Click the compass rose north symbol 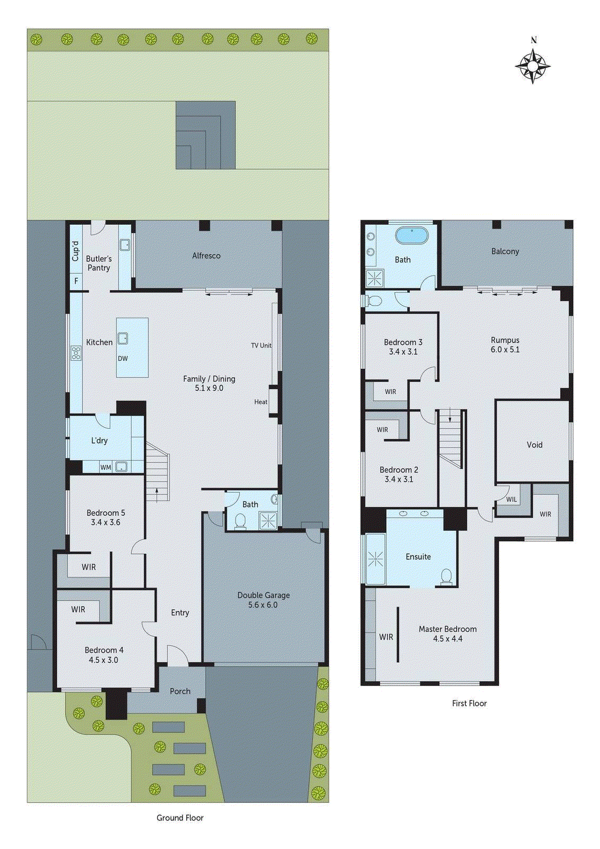pos(533,65)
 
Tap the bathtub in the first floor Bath pos(412,236)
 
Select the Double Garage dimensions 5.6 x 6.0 pos(263,605)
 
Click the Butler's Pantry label pos(99,263)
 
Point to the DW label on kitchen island pos(123,359)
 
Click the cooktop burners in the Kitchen pos(76,353)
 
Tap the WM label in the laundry pos(106,467)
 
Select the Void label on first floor pos(534,445)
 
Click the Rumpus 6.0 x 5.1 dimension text pos(505,350)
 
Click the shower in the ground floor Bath pos(268,521)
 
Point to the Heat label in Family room pos(260,402)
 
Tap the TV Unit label pos(261,345)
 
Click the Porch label pos(180,691)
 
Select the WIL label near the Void pos(511,499)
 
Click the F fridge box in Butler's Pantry pos(76,281)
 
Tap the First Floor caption pos(469,703)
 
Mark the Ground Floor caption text pos(180,818)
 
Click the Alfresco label pos(206,256)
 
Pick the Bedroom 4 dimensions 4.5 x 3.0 pos(103,660)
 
